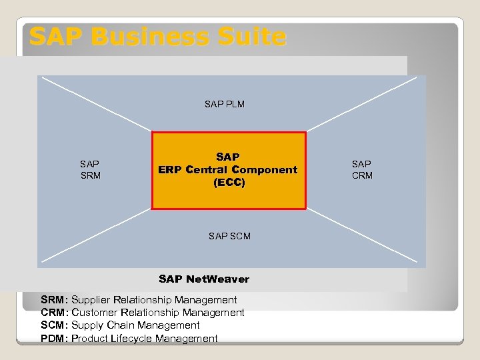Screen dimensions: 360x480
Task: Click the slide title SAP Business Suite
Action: (157, 37)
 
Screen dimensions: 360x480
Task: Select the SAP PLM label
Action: (224, 104)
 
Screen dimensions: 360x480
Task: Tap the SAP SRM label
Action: (90, 169)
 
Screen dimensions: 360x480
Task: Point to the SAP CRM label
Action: (362, 169)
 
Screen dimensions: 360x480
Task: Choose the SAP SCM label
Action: (229, 236)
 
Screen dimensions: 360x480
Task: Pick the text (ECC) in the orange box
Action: (229, 182)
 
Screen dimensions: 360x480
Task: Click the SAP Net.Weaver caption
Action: (204, 279)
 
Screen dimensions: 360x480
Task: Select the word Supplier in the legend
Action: (91, 300)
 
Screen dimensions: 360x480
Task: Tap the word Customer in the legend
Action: (93, 313)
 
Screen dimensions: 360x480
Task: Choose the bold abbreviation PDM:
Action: (55, 339)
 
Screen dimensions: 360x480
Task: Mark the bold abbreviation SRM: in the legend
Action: (55, 300)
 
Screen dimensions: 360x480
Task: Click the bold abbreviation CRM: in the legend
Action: (55, 313)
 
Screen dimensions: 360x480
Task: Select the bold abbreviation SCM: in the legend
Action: (55, 325)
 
